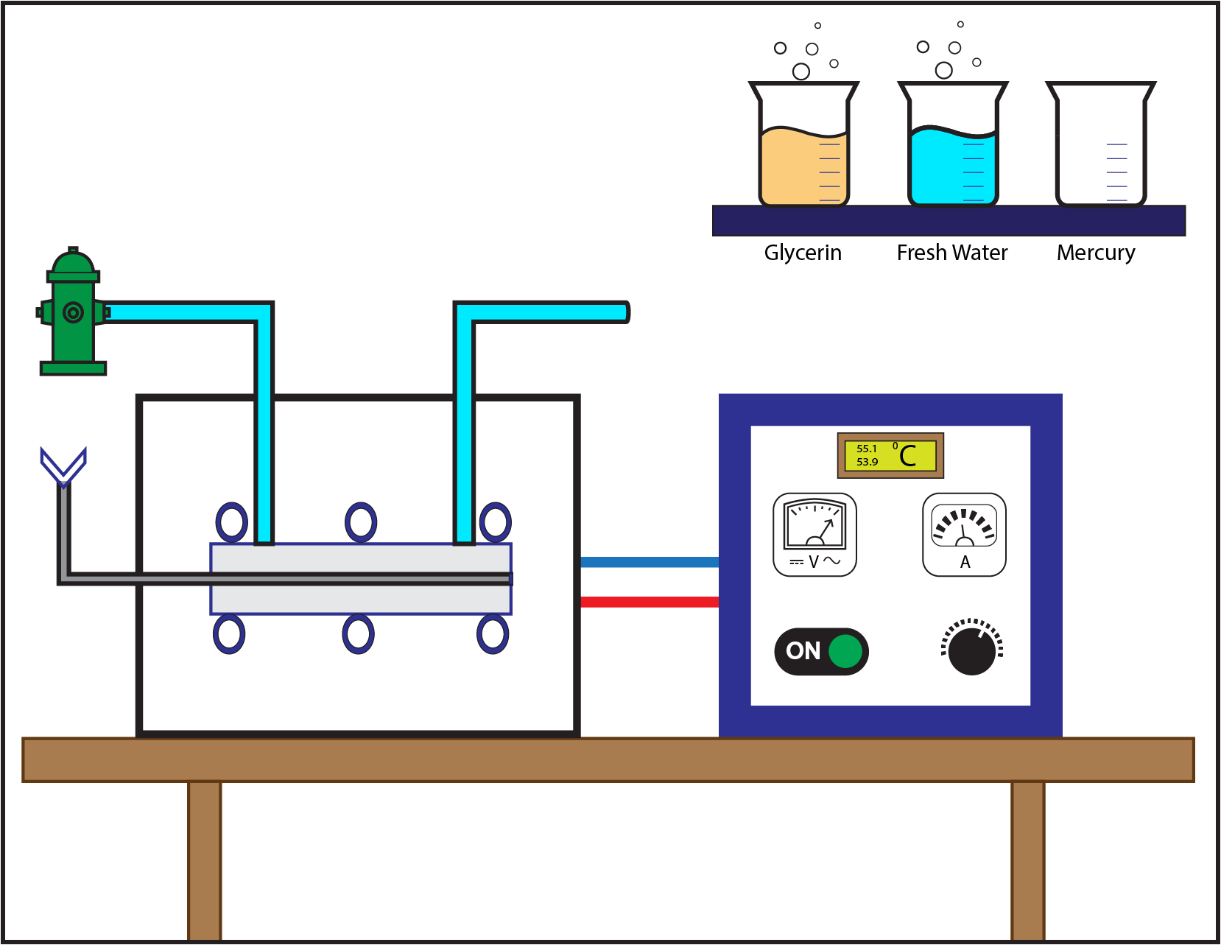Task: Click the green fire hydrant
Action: pos(73,311)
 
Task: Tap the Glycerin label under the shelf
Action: pos(803,253)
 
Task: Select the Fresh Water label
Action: pos(952,253)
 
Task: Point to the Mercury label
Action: pos(1096,253)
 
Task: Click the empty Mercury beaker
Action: pos(1101,144)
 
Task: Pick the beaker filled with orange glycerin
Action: pos(803,144)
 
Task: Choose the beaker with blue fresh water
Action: pos(953,144)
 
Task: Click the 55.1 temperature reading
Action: pos(867,449)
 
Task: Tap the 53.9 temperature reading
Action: pos(867,462)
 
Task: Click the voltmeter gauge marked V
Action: pos(814,534)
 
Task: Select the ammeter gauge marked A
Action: pos(964,534)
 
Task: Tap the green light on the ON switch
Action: pos(845,651)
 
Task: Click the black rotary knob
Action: pos(972,650)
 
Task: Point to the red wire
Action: pos(650,603)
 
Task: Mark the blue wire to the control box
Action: pos(650,562)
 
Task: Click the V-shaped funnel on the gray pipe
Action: pos(63,466)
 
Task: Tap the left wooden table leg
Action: pos(205,861)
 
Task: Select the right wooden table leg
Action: pos(1028,861)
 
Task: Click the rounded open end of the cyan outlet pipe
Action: pos(627,312)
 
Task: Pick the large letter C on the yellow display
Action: pos(908,456)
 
